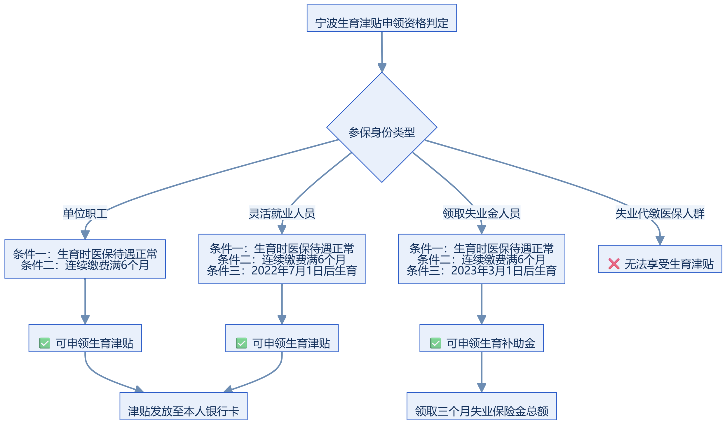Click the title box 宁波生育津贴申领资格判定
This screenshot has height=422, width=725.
coord(382,18)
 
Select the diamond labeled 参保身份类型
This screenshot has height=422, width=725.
coord(382,127)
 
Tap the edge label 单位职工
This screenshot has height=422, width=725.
coord(85,213)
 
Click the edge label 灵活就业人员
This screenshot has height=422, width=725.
coord(282,213)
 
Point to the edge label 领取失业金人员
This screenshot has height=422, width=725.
coord(482,213)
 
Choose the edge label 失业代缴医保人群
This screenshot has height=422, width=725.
coord(660,213)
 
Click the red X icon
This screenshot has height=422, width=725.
coord(614,264)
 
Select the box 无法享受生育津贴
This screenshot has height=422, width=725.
coord(660,259)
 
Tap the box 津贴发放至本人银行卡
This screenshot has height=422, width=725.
coord(184,406)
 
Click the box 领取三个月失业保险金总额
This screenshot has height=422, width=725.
coord(482,406)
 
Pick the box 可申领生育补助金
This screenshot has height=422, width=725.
coord(482,338)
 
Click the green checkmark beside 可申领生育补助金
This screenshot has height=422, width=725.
coord(436,343)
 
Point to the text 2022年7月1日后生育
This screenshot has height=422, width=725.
coord(304,271)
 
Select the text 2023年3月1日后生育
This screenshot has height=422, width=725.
coord(504,271)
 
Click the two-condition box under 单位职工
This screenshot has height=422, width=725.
coord(85,259)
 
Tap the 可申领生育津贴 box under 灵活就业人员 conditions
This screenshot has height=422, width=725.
coord(282,338)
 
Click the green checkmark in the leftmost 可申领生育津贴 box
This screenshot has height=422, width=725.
coord(45,343)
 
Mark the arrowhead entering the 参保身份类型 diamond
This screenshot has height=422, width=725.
coord(382,68)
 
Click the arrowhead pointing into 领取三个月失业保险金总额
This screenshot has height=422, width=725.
coord(482,388)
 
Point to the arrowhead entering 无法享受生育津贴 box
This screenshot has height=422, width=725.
coord(660,241)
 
